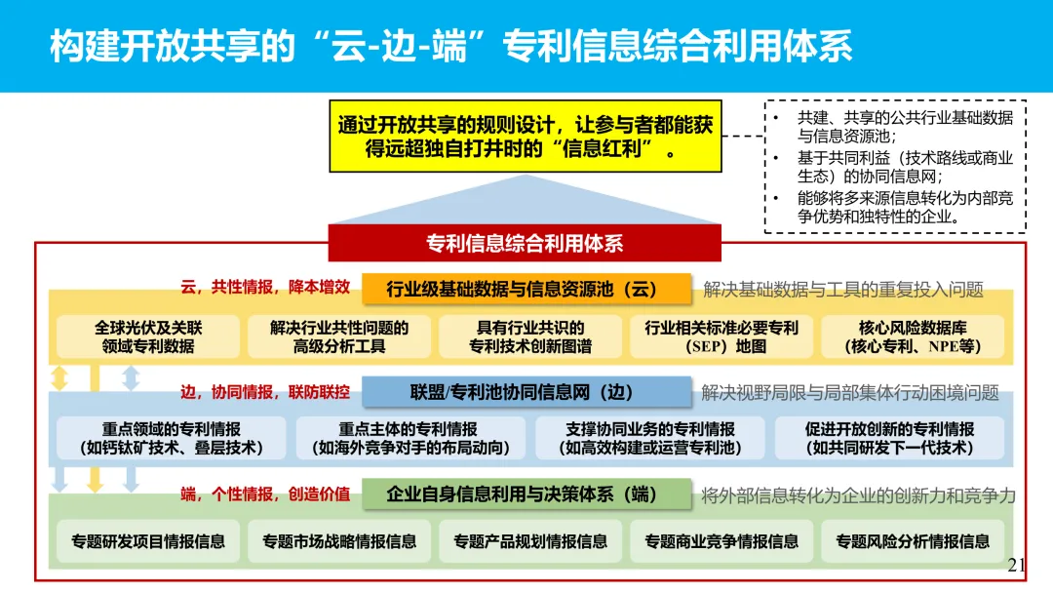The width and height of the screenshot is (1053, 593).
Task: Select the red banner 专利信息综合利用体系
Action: [525, 243]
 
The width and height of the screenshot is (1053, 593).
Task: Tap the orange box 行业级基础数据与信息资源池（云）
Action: [526, 289]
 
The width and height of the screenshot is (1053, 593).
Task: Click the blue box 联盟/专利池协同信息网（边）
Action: [526, 392]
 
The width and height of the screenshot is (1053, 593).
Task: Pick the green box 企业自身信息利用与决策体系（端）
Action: [526, 494]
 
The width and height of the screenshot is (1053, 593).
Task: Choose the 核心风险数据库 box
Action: [913, 336]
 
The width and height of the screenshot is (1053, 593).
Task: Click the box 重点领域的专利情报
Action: [172, 438]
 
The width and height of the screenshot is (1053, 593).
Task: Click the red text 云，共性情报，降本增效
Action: [265, 289]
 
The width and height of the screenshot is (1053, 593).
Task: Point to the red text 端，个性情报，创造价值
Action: [265, 494]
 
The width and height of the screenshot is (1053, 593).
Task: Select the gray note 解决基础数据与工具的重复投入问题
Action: [843, 290]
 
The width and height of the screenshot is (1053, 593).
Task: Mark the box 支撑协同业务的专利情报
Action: [650, 438]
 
